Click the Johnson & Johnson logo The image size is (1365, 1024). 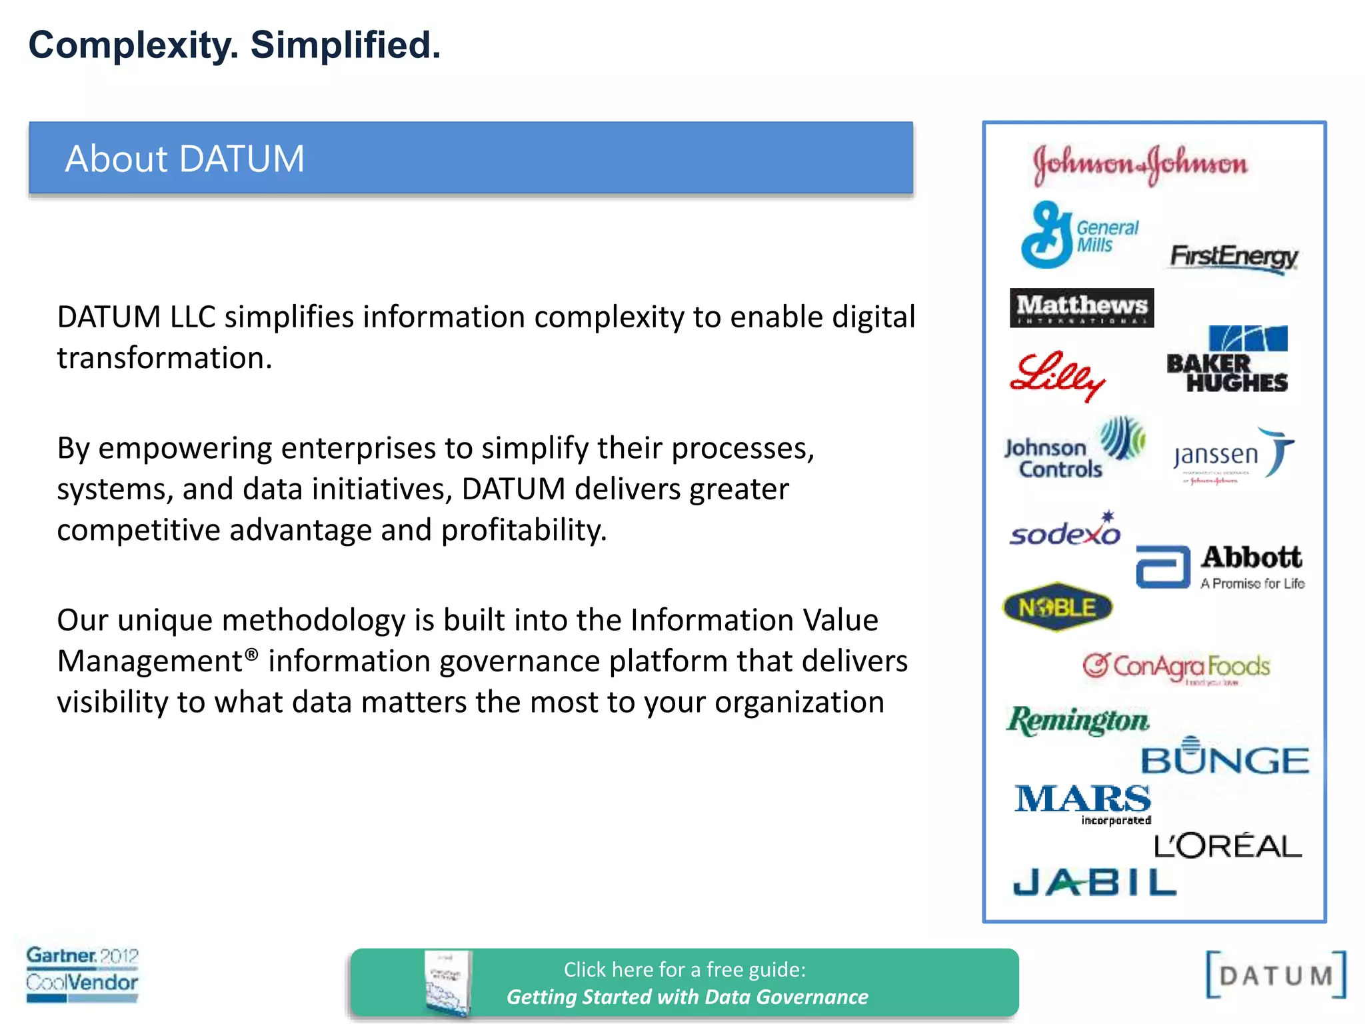(x=1140, y=163)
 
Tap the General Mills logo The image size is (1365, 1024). (x=1079, y=235)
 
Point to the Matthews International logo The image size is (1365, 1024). (x=1081, y=307)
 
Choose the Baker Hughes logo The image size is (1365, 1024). (x=1228, y=360)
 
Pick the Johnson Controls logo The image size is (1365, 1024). (x=1074, y=449)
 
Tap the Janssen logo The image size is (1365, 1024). (x=1233, y=455)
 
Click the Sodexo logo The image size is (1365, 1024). (x=1065, y=530)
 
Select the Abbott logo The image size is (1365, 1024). (x=1220, y=567)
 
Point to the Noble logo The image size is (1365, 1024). (x=1058, y=607)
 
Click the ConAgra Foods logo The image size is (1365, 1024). (x=1176, y=667)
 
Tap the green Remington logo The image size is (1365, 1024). (x=1078, y=721)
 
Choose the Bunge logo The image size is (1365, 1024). (x=1225, y=757)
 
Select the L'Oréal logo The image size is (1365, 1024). (x=1228, y=846)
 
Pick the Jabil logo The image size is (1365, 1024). (x=1094, y=882)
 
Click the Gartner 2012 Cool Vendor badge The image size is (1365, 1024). (x=82, y=973)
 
